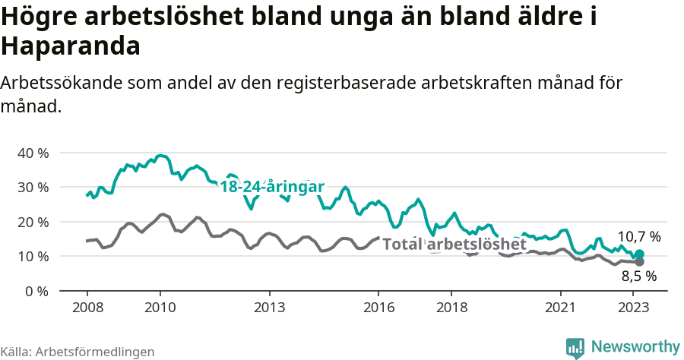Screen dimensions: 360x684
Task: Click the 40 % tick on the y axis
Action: click(32, 153)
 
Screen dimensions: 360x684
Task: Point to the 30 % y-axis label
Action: click(32, 187)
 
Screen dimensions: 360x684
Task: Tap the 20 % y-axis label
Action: click(32, 222)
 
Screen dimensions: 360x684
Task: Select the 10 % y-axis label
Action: click(32, 256)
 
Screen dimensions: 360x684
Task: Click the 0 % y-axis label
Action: click(35, 291)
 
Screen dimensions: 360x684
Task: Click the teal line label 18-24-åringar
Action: click(272, 187)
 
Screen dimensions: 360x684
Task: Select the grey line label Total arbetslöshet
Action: click(454, 244)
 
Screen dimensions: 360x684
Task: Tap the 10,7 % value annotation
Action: click(638, 237)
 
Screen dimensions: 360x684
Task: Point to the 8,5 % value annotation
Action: click(638, 276)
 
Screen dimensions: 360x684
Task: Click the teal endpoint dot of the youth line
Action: click(639, 254)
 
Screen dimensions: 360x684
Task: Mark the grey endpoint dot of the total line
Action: click(639, 262)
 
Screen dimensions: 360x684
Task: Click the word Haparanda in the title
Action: click(71, 46)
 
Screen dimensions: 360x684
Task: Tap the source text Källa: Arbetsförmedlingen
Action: click(78, 352)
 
